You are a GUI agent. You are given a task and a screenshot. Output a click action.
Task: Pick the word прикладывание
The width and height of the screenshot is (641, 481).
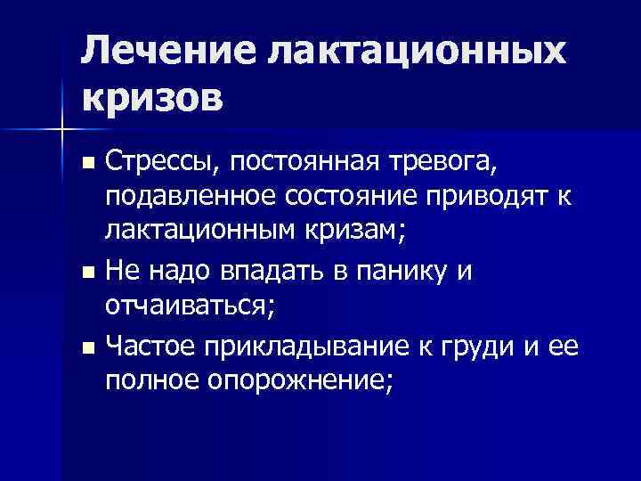click(x=296, y=343)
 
